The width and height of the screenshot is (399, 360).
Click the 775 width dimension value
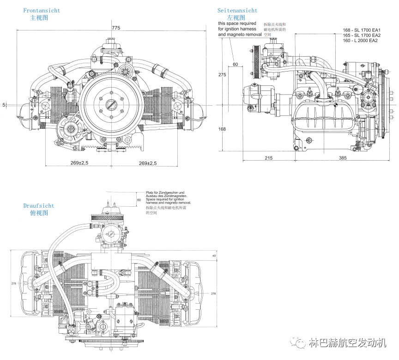pyautogui.click(x=116, y=28)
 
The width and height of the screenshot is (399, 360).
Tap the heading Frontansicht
pyautogui.click(x=42, y=10)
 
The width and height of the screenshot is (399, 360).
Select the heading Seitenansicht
pyautogui.click(x=237, y=10)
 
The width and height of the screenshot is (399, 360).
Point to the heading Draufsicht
pyautogui.click(x=39, y=206)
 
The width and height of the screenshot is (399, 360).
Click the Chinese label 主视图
pyautogui.click(x=39, y=18)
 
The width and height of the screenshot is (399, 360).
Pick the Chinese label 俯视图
pyautogui.click(x=39, y=213)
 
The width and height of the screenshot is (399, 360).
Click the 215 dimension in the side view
pyautogui.click(x=269, y=158)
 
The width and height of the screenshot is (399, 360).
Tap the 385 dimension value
pyautogui.click(x=342, y=158)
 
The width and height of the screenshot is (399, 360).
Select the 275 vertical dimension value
pyautogui.click(x=222, y=75)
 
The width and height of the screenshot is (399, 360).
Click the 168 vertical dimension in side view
pyautogui.click(x=222, y=129)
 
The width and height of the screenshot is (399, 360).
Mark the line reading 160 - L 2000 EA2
pyautogui.click(x=360, y=41)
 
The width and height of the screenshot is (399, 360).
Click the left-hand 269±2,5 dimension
pyautogui.click(x=79, y=163)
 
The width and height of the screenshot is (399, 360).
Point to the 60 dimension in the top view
pyautogui.click(x=139, y=200)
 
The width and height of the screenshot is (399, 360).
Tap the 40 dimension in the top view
pyautogui.click(x=214, y=255)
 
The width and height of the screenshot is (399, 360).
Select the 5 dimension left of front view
pyautogui.click(x=4, y=105)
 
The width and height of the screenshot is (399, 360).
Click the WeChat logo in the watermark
pyautogui.click(x=298, y=343)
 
